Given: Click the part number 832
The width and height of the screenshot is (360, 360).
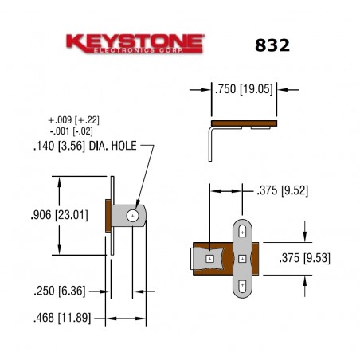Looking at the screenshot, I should click(272, 45).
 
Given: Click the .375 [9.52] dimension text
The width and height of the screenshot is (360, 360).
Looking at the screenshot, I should click(282, 190).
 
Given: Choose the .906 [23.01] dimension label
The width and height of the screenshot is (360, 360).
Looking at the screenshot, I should click(55, 214).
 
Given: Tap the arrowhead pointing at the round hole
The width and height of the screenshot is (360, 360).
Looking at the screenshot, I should click(137, 208).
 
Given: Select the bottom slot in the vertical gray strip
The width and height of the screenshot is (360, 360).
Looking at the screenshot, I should click(241, 284).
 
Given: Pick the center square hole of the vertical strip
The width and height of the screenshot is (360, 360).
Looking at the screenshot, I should click(241, 259).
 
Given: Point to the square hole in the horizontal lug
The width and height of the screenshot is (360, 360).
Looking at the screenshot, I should click(209, 259).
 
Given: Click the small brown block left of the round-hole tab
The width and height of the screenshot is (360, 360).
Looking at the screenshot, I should click(108, 214).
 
